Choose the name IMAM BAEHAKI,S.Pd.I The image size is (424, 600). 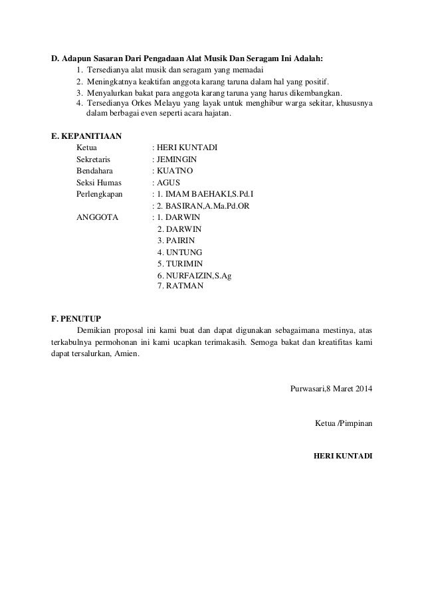click(203, 194)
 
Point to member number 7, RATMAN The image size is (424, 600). click(180, 286)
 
